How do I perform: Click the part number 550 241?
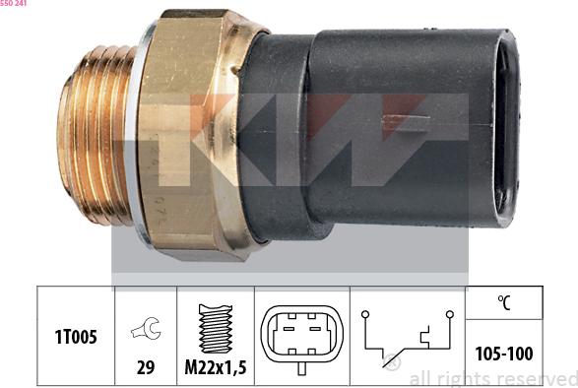click(13, 4)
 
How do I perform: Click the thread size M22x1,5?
click(215, 367)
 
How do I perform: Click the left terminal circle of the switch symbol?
click(363, 314)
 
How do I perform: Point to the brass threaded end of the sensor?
click(94, 148)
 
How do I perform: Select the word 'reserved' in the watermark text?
click(537, 378)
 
